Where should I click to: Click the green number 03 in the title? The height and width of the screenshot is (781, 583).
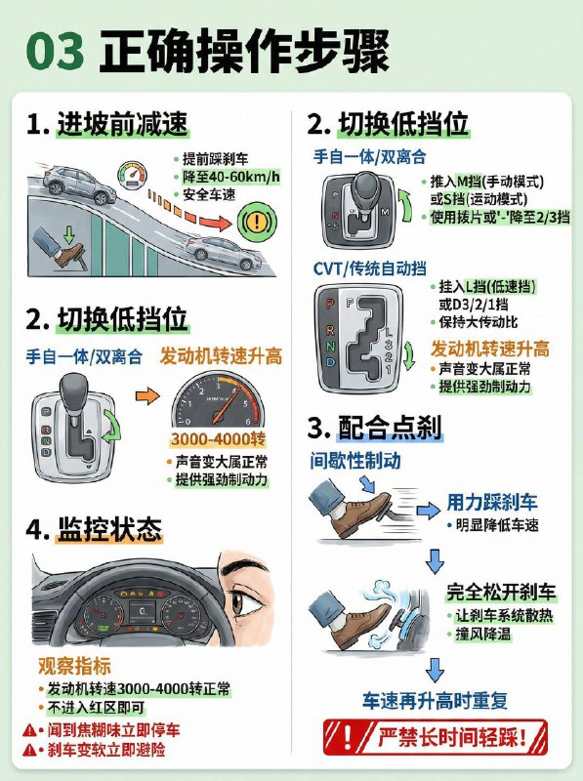[57, 53]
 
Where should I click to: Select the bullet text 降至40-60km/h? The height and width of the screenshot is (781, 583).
[230, 176]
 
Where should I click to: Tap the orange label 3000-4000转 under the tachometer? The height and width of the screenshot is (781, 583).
[218, 439]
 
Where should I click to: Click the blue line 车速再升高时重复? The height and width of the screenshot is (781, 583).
[436, 701]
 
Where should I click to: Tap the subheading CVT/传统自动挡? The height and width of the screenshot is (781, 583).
[369, 268]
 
